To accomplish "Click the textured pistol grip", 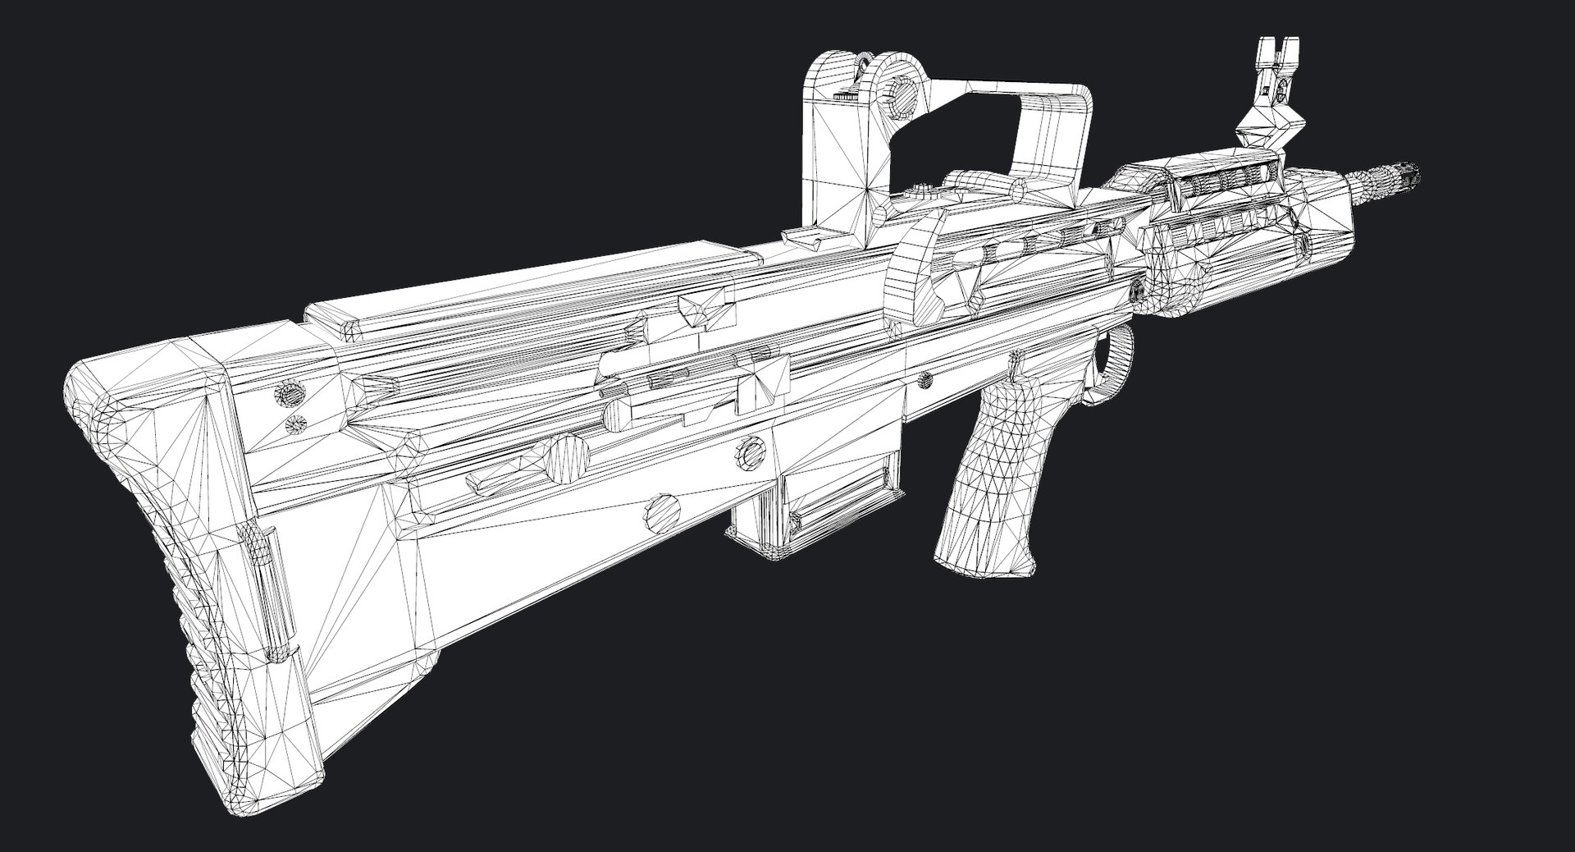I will click(988, 460).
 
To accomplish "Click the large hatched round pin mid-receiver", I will click(568, 458).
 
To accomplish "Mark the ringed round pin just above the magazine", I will click(748, 451).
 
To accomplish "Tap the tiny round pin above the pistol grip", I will click(924, 379).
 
